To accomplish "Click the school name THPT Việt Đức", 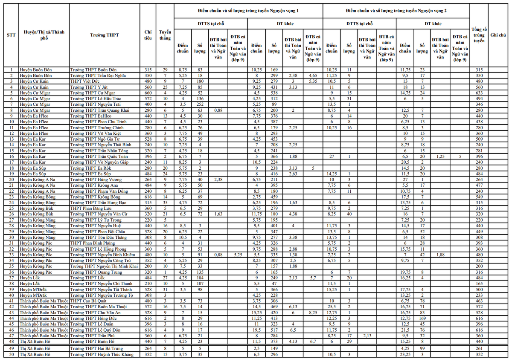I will (84, 81).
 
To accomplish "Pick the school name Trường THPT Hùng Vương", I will (93, 180).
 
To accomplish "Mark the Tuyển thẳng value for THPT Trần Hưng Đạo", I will (165, 203).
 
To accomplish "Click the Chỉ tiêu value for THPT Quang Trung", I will (148, 272).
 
